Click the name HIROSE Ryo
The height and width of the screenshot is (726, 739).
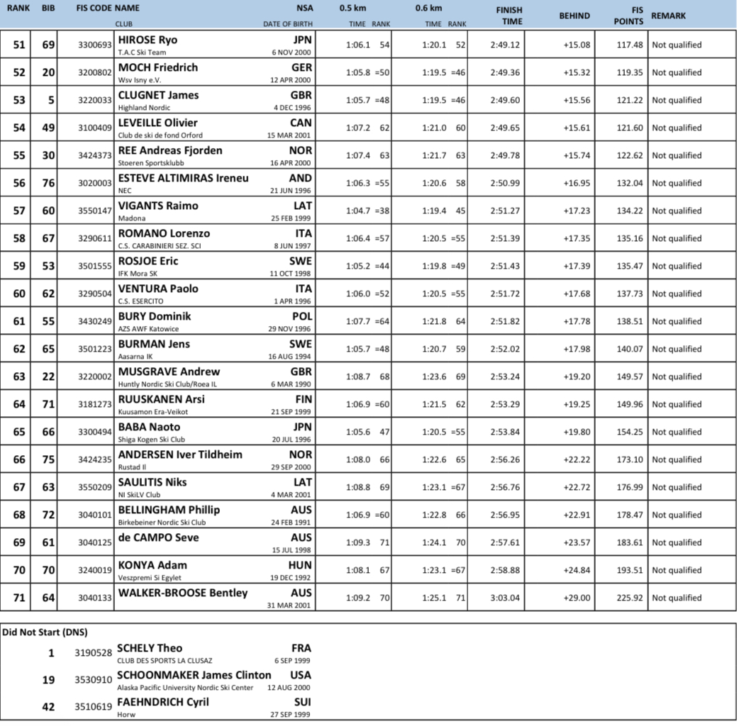pyautogui.click(x=148, y=40)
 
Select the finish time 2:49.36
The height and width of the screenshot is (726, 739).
pyautogui.click(x=504, y=72)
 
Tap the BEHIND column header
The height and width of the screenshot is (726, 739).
pyautogui.click(x=574, y=16)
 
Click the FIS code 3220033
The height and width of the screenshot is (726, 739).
pyautogui.click(x=95, y=100)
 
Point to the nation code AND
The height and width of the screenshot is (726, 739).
pyautogui.click(x=300, y=178)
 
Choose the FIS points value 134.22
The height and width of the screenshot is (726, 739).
pyautogui.click(x=628, y=211)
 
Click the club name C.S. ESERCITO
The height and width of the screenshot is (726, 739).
pyautogui.click(x=140, y=301)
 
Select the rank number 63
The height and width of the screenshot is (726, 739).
pyautogui.click(x=19, y=376)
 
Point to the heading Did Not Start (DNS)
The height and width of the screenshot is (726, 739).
pyautogui.click(x=45, y=631)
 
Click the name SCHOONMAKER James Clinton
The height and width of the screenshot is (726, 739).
pyautogui.click(x=194, y=675)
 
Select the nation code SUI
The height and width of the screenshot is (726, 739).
pyautogui.click(x=301, y=703)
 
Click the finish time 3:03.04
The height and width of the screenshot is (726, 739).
pyautogui.click(x=504, y=598)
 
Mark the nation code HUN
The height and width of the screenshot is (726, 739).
pyautogui.click(x=300, y=565)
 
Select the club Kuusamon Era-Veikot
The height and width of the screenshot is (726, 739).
pyautogui.click(x=153, y=412)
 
